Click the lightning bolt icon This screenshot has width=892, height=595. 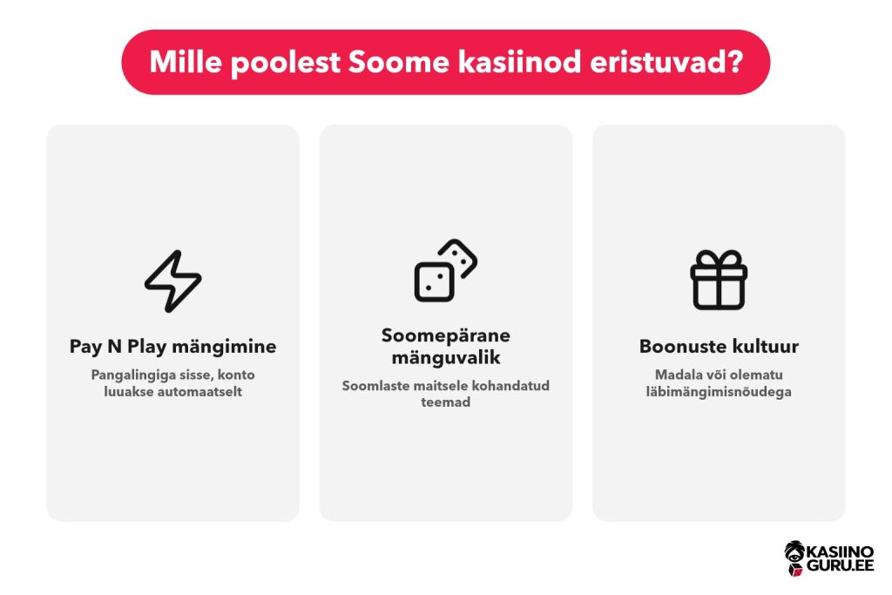click(x=173, y=281)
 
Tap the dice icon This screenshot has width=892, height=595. click(x=445, y=271)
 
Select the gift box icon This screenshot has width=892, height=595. click(x=719, y=280)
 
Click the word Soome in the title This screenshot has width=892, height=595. click(x=399, y=62)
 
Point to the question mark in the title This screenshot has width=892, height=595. click(x=735, y=62)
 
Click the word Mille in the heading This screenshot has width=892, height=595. click(x=186, y=62)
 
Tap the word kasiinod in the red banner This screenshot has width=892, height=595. click(x=520, y=62)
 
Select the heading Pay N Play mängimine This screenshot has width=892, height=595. click(x=173, y=347)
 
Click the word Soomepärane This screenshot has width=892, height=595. click(x=445, y=335)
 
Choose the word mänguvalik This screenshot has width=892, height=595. click(x=445, y=358)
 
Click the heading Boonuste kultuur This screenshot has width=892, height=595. click(x=719, y=347)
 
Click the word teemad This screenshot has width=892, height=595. click(x=445, y=402)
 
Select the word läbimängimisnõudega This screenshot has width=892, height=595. click(x=719, y=392)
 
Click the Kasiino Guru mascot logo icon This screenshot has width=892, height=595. click(x=794, y=558)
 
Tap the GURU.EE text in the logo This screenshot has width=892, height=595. click(x=841, y=565)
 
